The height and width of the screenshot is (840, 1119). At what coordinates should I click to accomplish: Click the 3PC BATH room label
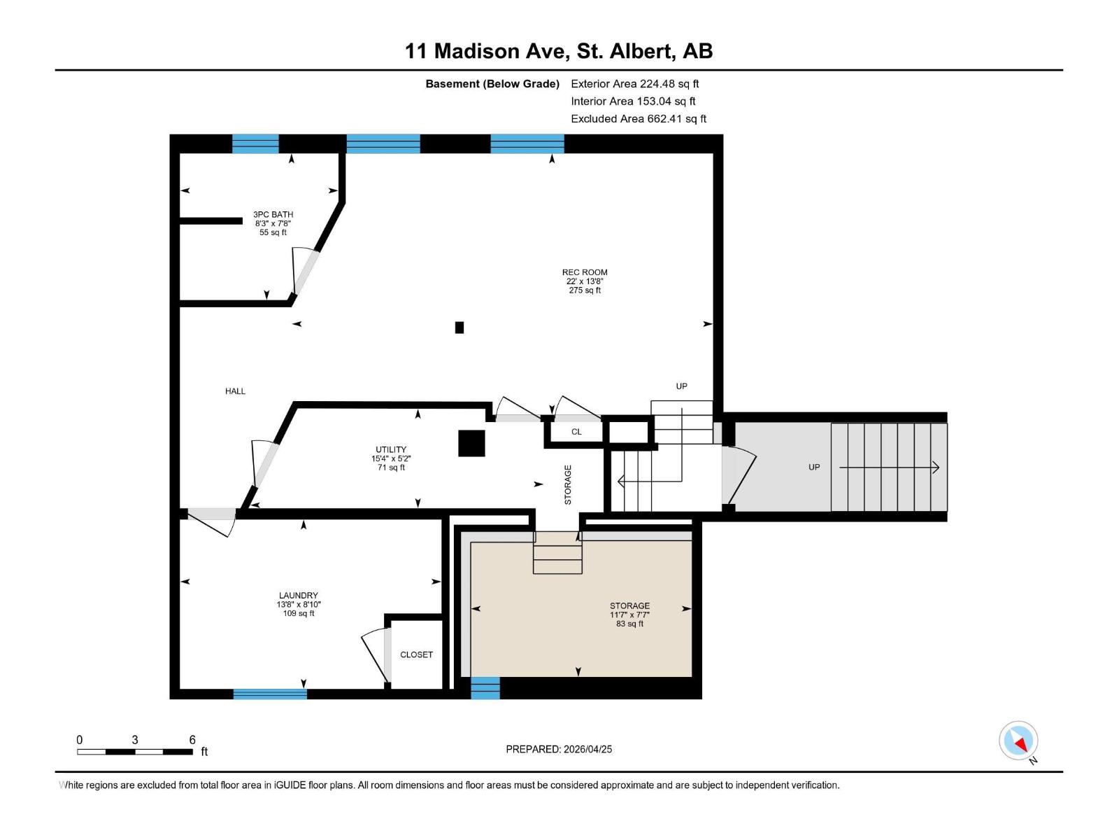[x=273, y=215]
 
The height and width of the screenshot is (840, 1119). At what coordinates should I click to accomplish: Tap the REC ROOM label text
[x=585, y=273]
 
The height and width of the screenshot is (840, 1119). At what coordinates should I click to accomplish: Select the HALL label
[x=235, y=391]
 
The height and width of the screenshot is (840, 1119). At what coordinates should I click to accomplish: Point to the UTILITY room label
[x=391, y=450]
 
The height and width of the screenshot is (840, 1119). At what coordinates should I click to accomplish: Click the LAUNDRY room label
[x=299, y=596]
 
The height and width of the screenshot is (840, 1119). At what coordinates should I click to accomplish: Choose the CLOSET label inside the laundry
[x=416, y=654]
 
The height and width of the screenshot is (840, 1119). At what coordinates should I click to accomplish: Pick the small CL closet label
[x=576, y=432]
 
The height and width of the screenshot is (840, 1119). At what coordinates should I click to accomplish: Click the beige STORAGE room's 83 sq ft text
[x=629, y=624]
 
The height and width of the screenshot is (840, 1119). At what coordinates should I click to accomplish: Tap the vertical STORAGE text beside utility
[x=568, y=484]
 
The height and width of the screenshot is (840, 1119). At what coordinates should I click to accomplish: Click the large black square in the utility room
[x=471, y=443]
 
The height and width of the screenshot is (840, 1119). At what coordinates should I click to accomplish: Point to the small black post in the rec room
[x=459, y=327]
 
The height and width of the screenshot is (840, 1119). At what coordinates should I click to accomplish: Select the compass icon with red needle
[x=1018, y=741]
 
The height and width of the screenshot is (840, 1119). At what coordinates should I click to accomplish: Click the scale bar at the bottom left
[x=135, y=752]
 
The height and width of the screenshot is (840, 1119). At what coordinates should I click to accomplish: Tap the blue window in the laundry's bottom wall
[x=270, y=694]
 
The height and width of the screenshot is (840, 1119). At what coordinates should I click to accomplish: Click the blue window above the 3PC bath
[x=255, y=143]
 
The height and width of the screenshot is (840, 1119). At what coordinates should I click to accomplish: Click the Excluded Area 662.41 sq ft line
[x=639, y=119]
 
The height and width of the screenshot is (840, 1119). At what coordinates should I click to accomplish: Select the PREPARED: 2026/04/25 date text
[x=559, y=749]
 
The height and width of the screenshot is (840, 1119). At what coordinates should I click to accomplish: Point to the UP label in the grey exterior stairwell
[x=814, y=467]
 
